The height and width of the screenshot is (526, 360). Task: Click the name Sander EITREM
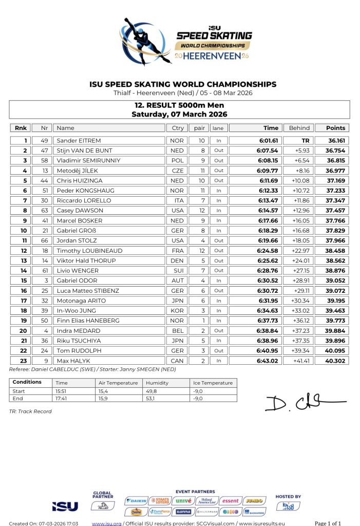click(x=79, y=140)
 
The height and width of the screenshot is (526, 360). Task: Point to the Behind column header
click(x=299, y=128)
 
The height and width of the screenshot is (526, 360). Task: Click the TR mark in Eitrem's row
click(x=305, y=140)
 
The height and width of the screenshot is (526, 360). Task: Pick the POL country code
click(x=175, y=160)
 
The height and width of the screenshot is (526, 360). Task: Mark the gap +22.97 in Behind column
click(x=299, y=251)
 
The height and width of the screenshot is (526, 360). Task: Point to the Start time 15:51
click(x=62, y=391)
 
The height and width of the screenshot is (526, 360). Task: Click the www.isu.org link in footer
click(x=106, y=523)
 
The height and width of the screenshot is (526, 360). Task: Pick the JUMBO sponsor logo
click(x=254, y=500)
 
